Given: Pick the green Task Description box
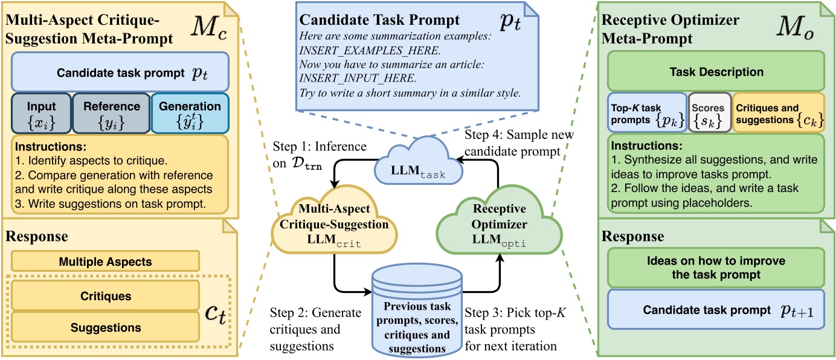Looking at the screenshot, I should coord(715,72).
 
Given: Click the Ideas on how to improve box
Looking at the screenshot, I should coord(715,268).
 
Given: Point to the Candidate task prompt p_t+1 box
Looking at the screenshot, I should coord(715,310).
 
